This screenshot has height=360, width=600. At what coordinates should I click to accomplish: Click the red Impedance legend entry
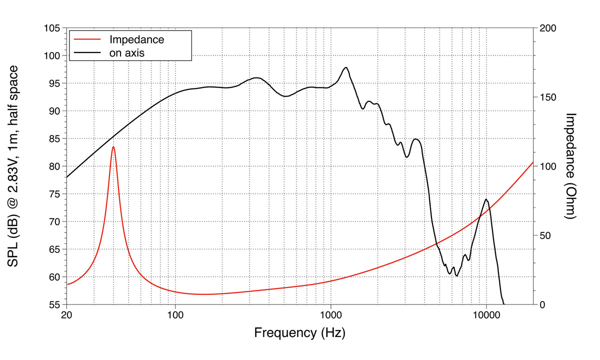tap(136, 39)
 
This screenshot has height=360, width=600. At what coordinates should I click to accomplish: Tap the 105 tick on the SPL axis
tap(52, 28)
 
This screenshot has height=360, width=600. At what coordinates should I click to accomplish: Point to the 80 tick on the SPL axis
tap(54, 166)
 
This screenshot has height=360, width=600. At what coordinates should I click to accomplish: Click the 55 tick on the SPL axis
tap(54, 304)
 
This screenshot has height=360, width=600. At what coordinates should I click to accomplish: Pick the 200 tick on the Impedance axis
tap(548, 28)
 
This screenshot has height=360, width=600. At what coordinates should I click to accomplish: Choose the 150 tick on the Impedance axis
tap(548, 97)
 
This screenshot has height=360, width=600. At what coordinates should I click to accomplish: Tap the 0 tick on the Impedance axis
tap(543, 304)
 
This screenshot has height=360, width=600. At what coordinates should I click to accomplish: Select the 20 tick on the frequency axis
tap(66, 315)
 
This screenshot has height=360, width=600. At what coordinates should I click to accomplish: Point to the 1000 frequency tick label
tap(330, 315)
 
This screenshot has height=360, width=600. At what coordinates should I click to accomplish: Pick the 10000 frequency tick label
tap(486, 315)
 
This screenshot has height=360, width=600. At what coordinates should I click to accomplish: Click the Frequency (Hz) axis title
tap(299, 332)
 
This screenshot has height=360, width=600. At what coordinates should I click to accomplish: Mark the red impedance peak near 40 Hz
tap(113, 146)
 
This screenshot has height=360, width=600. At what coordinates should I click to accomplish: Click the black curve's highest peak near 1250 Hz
tap(345, 67)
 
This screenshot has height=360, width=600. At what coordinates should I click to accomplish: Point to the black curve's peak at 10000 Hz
tap(486, 199)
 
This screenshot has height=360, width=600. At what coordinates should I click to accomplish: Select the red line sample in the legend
tap(87, 39)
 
